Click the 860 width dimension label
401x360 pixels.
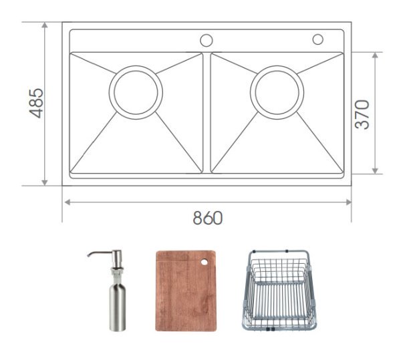[207, 218]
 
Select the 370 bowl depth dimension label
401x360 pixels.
[362, 114]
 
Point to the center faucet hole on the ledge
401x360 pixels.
[207, 39]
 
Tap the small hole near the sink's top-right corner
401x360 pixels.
[317, 39]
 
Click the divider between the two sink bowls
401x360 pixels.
[207, 112]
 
